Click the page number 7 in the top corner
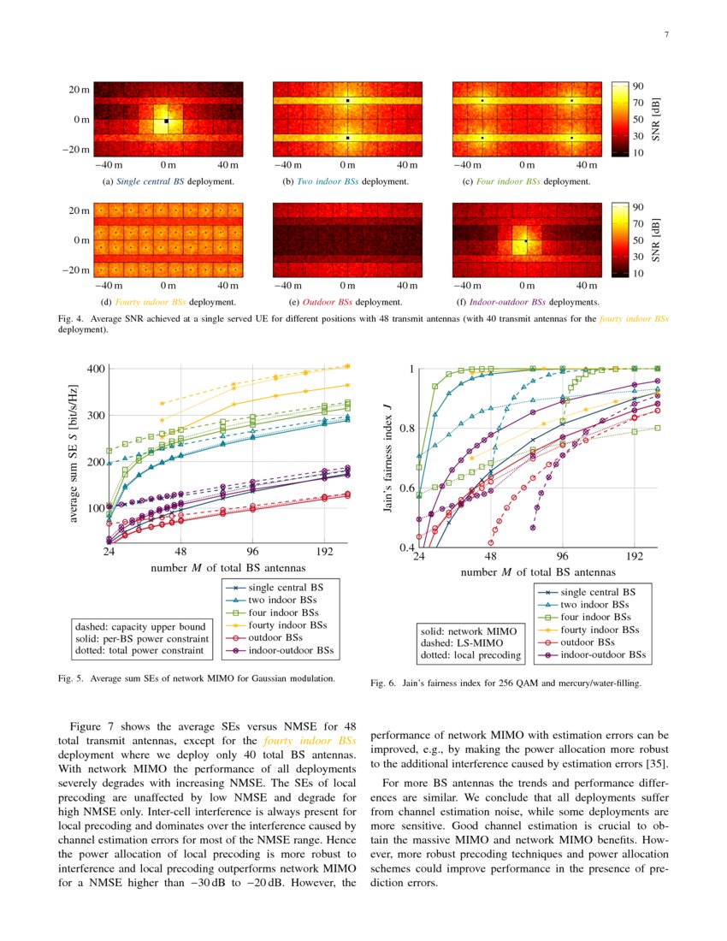pyautogui.click(x=665, y=35)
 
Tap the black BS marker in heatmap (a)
pyautogui.click(x=166, y=121)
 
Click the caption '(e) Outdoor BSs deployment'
pyautogui.click(x=348, y=302)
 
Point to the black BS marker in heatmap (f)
pyautogui.click(x=525, y=242)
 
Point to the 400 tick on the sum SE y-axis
pyautogui.click(x=94, y=369)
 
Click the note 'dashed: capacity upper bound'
pyautogui.click(x=140, y=625)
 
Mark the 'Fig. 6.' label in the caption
pyautogui.click(x=382, y=684)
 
